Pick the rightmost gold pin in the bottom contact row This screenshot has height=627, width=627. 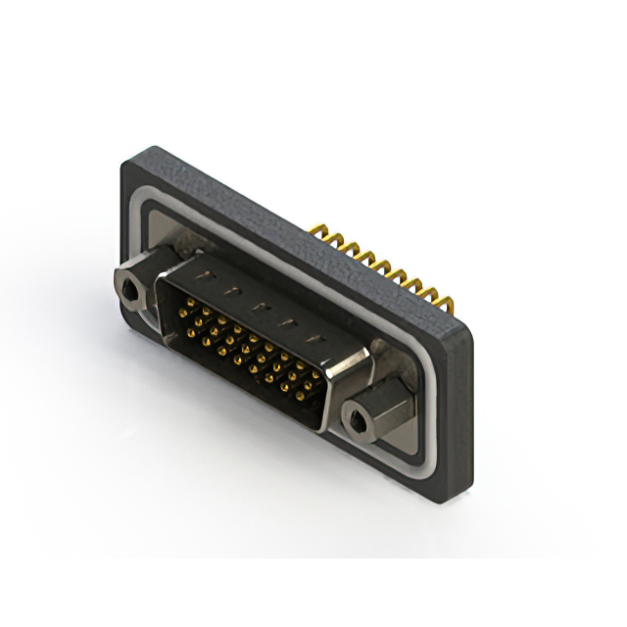(x=312, y=401)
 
